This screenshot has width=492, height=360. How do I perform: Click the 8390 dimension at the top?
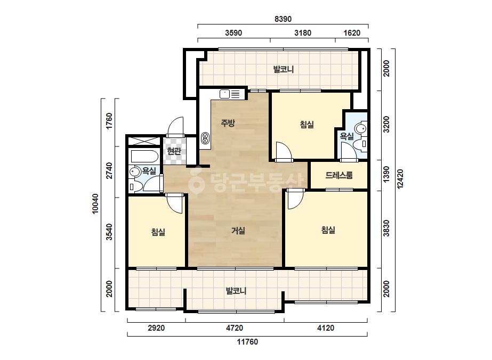pos(283,19)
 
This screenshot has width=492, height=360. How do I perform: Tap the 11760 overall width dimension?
pos(247,342)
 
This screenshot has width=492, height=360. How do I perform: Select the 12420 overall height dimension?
pos(400,179)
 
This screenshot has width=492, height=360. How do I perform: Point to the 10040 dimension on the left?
pos(95,204)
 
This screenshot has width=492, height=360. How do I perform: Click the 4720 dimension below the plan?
pos(235,328)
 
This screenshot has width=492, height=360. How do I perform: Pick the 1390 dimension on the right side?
pos(386,174)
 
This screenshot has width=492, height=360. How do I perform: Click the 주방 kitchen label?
pos(228,123)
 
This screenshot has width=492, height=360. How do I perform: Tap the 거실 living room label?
pos(238,231)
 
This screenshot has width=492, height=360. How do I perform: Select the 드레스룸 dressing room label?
pos(339,175)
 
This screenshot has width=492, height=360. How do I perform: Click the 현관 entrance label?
pos(174,151)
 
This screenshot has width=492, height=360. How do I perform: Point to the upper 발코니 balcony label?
pos(284,69)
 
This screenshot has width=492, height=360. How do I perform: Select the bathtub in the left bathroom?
pos(144,156)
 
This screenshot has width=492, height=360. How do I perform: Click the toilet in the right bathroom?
pos(360,144)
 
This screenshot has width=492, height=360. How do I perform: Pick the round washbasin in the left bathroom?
pos(135,171)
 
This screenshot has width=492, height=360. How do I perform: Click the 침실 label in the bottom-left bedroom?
pos(158,232)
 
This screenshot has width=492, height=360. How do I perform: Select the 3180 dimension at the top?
pos(303,33)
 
